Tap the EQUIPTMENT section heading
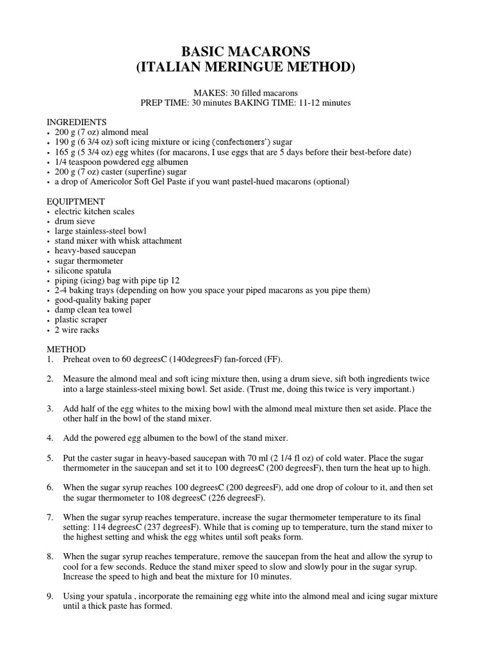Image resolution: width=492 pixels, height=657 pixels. [76, 201]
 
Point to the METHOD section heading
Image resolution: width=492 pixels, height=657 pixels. [66, 349]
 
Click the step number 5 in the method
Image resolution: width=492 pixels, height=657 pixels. [50, 458]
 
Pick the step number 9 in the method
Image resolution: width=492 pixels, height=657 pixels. [50, 596]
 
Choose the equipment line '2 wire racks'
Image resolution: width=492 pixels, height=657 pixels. [77, 330]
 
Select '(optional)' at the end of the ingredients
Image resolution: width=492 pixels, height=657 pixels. [329, 182]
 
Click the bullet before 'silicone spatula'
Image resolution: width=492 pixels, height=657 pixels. [49, 271]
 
